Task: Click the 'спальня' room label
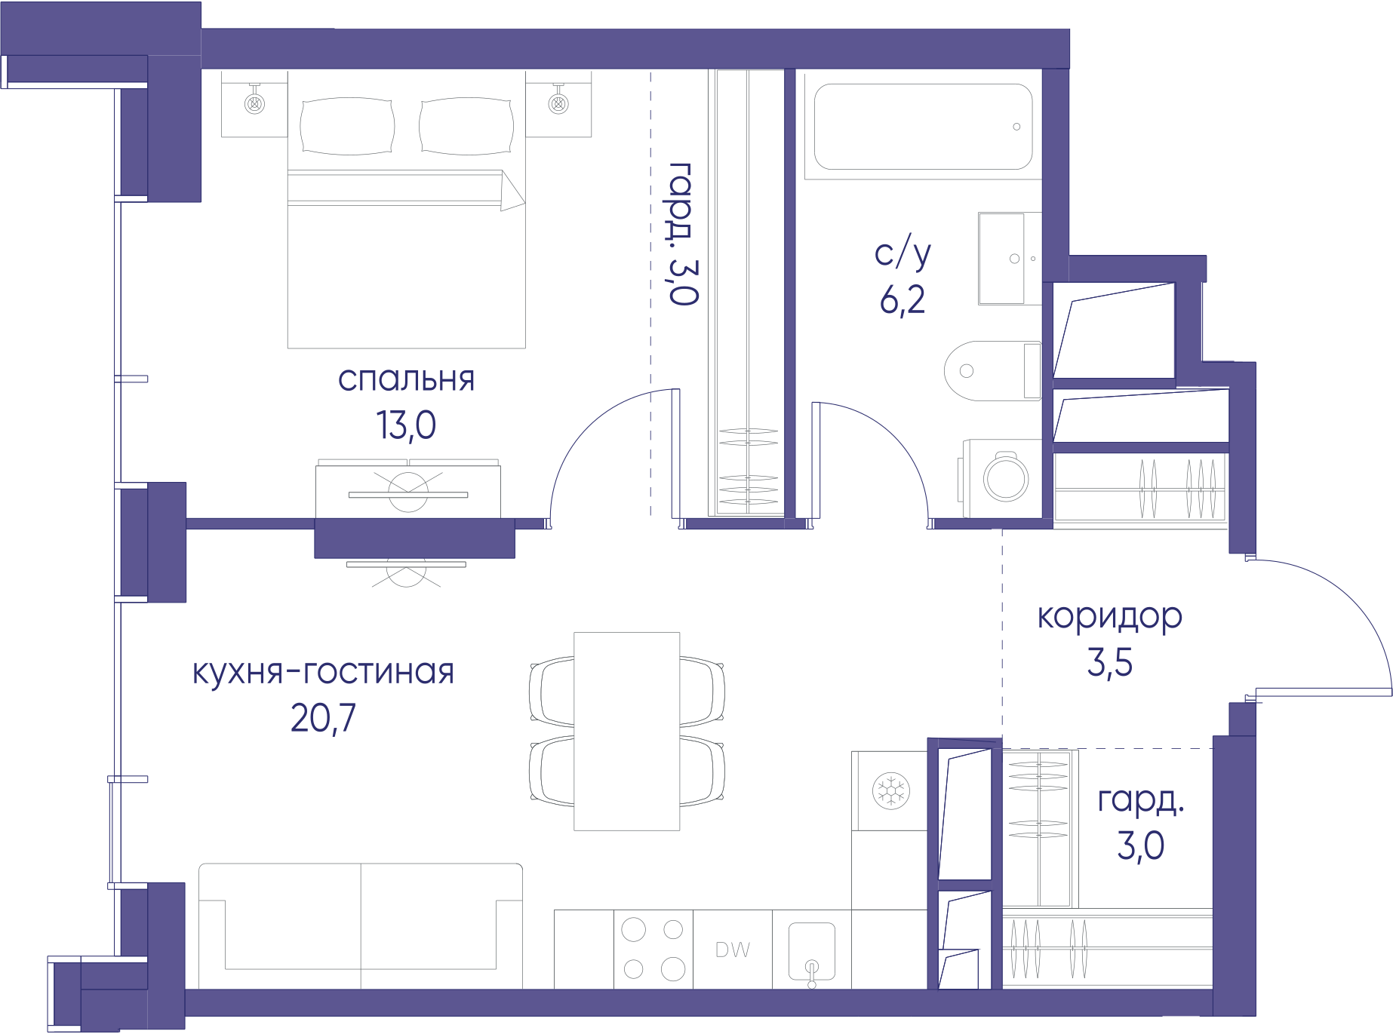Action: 406,379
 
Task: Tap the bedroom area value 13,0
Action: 406,425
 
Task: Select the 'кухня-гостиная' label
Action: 323,672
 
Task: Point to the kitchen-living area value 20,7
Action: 323,718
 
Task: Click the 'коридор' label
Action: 1109,618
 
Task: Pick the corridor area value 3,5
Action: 1109,662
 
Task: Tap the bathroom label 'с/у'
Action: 903,253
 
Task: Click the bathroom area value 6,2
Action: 903,299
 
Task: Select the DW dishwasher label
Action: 732,950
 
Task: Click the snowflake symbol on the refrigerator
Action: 890,790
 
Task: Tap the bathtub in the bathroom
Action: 923,126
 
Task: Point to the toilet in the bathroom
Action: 993,370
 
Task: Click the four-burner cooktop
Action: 653,949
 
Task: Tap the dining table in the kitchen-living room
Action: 626,731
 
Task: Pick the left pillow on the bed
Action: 347,126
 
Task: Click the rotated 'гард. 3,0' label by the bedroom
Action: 681,234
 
